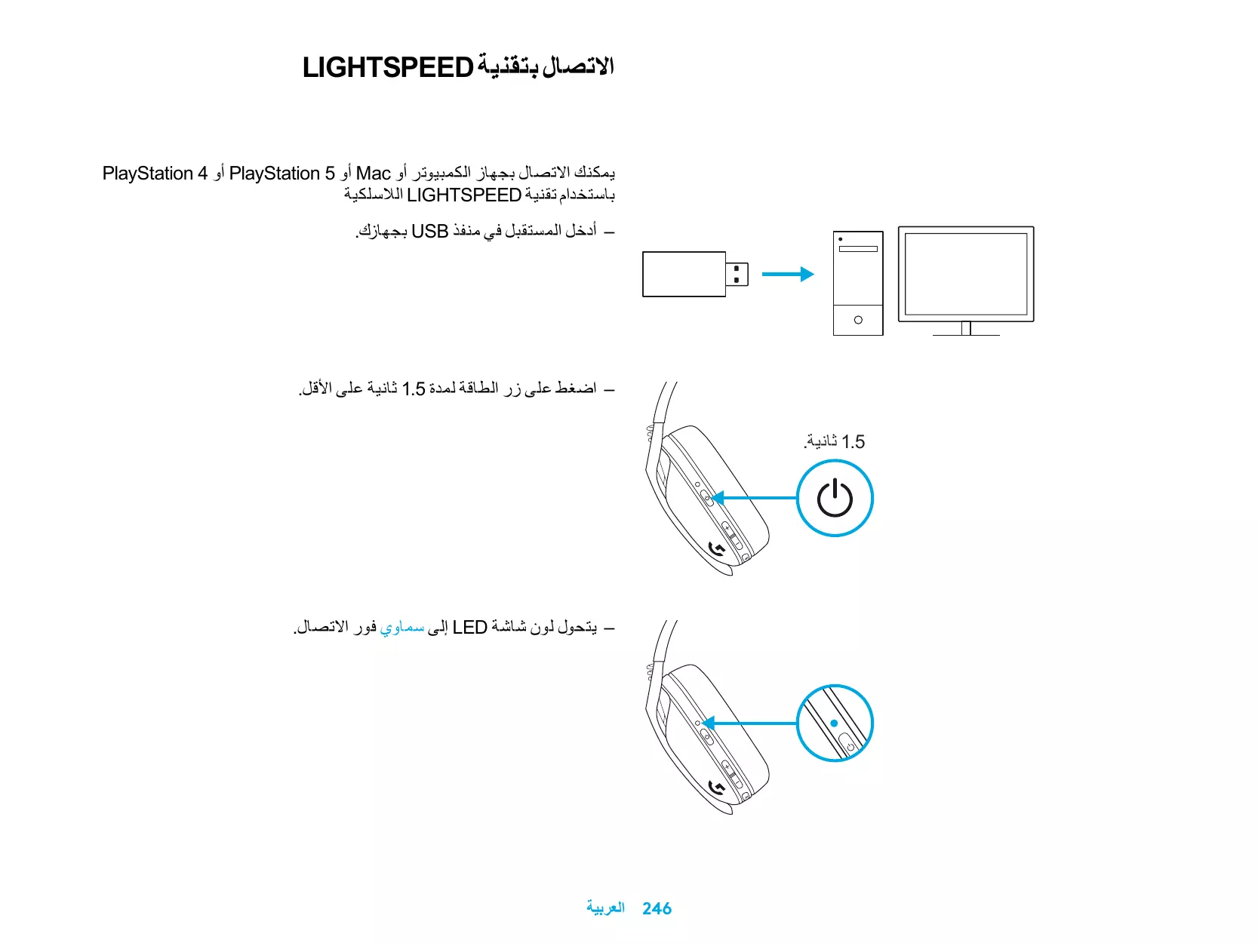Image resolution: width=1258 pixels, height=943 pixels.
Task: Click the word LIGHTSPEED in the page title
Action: click(387, 68)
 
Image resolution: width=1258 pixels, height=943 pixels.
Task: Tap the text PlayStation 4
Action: click(155, 174)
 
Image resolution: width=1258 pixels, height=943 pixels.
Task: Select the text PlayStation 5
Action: click(281, 174)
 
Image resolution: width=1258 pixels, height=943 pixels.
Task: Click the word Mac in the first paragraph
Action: click(373, 174)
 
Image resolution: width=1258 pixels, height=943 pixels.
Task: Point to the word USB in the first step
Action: click(429, 232)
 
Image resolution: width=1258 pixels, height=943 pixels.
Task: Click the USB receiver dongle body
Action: click(684, 275)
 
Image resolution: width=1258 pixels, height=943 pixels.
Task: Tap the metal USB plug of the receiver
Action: click(737, 275)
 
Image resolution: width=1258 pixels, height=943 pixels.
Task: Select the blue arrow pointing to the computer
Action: click(787, 275)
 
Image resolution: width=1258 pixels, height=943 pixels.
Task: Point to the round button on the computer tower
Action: click(858, 320)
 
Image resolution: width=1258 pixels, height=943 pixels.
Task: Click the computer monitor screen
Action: click(966, 274)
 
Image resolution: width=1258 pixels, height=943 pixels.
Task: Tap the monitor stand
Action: click(966, 329)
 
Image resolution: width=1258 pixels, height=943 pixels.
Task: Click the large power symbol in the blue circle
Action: click(835, 498)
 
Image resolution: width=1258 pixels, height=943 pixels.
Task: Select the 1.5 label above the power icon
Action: click(853, 442)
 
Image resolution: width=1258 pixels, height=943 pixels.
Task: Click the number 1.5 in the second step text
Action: click(414, 389)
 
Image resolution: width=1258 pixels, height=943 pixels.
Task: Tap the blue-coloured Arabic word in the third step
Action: click(401, 628)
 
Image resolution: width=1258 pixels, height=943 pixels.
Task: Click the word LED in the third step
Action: click(469, 628)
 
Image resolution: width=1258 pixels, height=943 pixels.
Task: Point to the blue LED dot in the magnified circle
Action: click(834, 723)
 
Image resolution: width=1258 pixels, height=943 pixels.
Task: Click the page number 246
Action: click(657, 908)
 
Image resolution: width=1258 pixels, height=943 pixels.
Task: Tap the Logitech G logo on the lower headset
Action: click(717, 789)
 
